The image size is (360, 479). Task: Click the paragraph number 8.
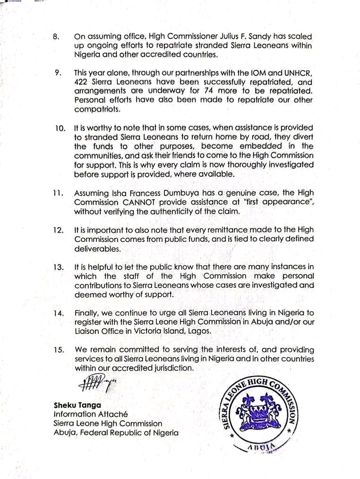57,36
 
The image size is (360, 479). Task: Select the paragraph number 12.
58,230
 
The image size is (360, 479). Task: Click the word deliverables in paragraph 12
97,248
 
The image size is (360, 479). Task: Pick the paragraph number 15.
59,350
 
